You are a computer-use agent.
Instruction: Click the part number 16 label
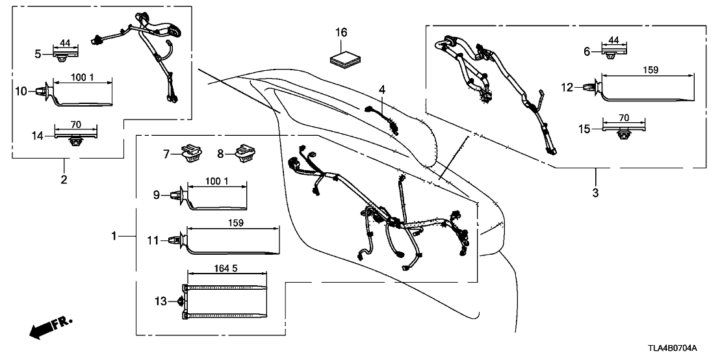342,32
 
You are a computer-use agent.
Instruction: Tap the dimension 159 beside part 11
236,223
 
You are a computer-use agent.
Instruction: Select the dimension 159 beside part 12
649,70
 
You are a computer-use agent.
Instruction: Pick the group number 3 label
596,192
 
